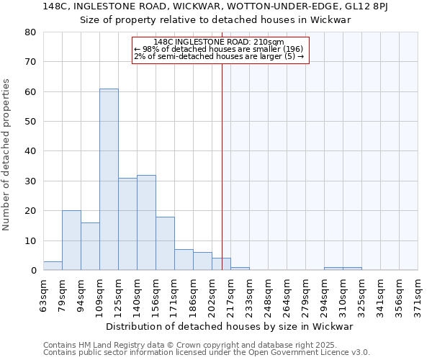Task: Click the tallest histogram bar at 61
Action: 109,180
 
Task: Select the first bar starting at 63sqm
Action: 53,266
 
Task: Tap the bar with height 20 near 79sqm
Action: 71,240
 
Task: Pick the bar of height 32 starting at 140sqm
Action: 146,222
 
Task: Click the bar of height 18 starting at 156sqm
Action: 165,243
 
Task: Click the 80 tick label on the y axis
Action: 30,32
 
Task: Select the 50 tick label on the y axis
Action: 30,122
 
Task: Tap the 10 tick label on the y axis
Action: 30,240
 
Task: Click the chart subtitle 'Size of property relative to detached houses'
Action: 215,20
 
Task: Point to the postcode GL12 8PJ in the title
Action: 370,6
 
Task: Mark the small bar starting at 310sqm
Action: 352,269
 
